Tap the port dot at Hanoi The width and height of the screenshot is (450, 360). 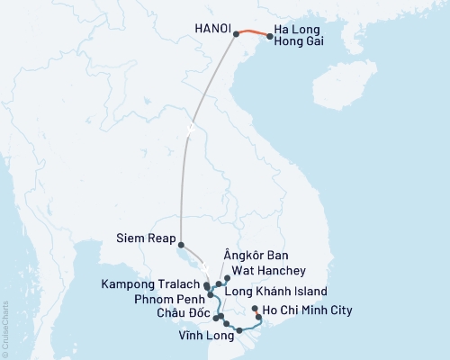click(237, 34)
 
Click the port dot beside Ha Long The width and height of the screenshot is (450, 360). click(270, 37)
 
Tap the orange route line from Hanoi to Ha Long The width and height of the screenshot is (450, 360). click(254, 33)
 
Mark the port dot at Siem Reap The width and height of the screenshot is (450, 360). click(181, 245)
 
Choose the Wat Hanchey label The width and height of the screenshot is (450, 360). click(269, 270)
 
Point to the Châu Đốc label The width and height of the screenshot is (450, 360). click(184, 312)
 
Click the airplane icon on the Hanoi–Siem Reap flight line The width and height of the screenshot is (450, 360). click(190, 128)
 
